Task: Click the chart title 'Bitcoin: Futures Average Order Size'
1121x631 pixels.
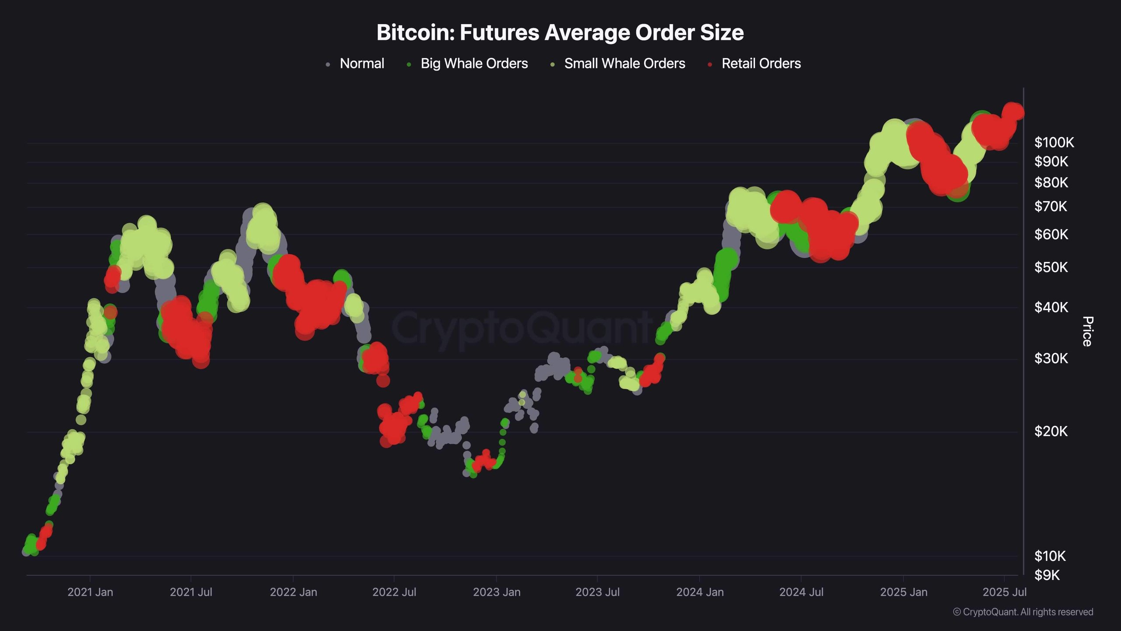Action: (560, 32)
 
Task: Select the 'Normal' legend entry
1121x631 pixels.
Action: (362, 64)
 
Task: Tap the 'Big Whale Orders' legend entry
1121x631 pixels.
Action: (474, 64)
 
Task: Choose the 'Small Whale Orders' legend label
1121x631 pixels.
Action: (624, 64)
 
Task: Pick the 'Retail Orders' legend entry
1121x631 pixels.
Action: (761, 64)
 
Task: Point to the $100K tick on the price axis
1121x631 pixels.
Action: (1054, 142)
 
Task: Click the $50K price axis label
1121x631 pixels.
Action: (1051, 267)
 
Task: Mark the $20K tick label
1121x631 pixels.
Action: (1051, 432)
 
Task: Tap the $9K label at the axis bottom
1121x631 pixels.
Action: (1047, 575)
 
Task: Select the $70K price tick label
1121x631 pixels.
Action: (1051, 206)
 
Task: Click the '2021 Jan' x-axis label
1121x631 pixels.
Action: (90, 592)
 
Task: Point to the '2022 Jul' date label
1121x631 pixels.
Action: (394, 592)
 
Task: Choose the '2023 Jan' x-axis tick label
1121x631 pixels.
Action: (497, 592)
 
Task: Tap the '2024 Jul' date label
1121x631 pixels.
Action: (801, 592)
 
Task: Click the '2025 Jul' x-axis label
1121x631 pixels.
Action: (1004, 592)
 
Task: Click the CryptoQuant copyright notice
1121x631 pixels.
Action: (1023, 612)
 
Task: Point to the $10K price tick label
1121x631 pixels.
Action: (1050, 557)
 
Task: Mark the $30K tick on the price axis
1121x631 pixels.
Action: (1051, 359)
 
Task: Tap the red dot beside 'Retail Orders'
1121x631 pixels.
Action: (710, 64)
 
